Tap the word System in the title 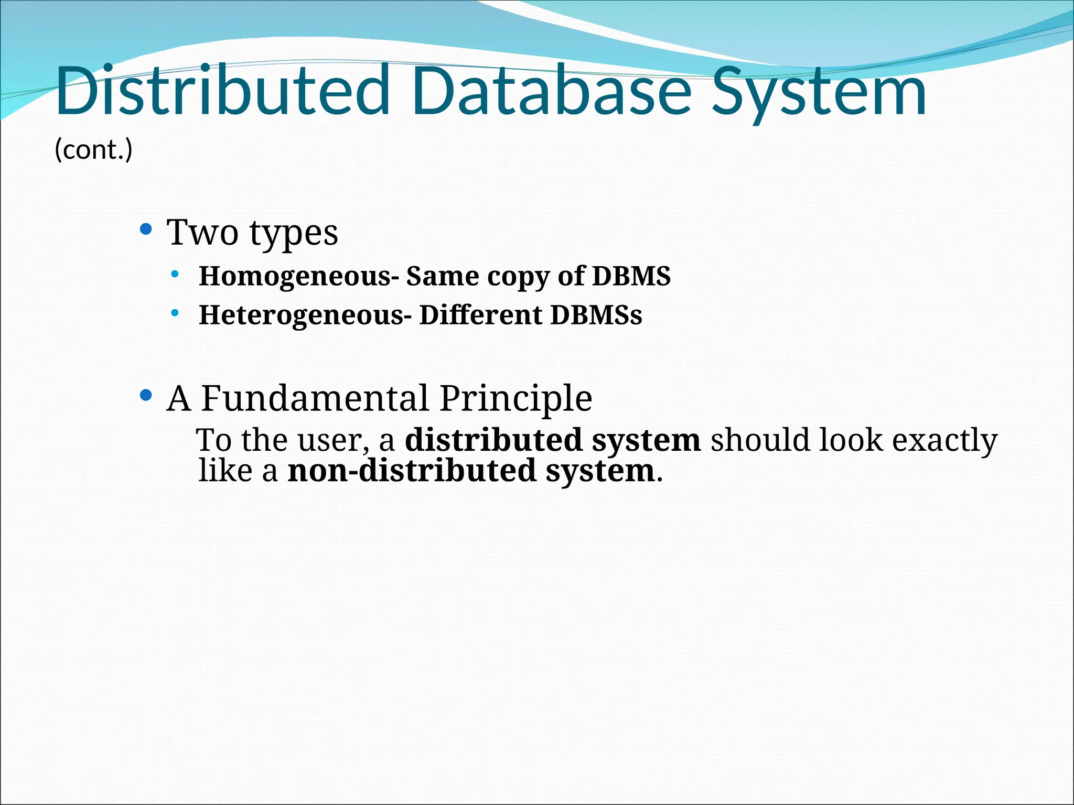[819, 93]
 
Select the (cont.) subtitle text [93, 150]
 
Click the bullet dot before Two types [146, 229]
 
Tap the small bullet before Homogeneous [175, 274]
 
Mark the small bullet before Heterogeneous [175, 313]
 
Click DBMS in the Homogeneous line [631, 276]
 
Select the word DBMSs [596, 315]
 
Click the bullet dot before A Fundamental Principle [146, 395]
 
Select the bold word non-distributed [412, 470]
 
